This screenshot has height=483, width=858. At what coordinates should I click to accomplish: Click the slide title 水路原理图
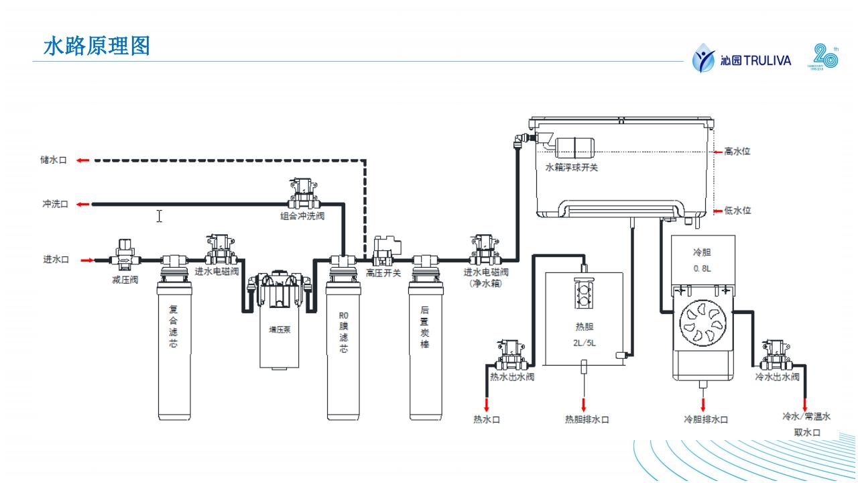click(x=97, y=46)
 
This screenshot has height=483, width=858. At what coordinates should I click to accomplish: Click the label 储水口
click(x=54, y=160)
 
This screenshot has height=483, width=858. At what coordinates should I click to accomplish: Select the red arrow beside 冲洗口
click(x=82, y=204)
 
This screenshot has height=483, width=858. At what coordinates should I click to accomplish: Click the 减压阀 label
click(x=125, y=280)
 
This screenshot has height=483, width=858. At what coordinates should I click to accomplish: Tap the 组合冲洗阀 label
click(x=302, y=216)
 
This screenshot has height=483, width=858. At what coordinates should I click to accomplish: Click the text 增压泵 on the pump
click(x=280, y=329)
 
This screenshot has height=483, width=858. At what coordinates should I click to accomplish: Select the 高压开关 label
click(x=383, y=273)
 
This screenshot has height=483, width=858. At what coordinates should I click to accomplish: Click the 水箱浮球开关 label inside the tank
click(x=571, y=167)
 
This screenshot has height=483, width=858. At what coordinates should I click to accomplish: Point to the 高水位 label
click(x=737, y=152)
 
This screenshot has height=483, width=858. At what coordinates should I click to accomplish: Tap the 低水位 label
click(x=738, y=211)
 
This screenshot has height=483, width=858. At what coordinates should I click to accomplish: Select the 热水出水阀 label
click(x=512, y=377)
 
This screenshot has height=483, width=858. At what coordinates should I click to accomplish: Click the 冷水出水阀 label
click(x=778, y=377)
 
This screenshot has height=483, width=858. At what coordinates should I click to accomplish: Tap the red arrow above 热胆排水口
click(x=584, y=404)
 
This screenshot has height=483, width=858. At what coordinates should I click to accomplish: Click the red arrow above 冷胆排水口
click(x=703, y=404)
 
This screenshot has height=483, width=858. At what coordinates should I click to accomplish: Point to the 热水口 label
click(x=487, y=420)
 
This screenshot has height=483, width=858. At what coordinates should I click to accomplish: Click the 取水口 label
click(x=807, y=433)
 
